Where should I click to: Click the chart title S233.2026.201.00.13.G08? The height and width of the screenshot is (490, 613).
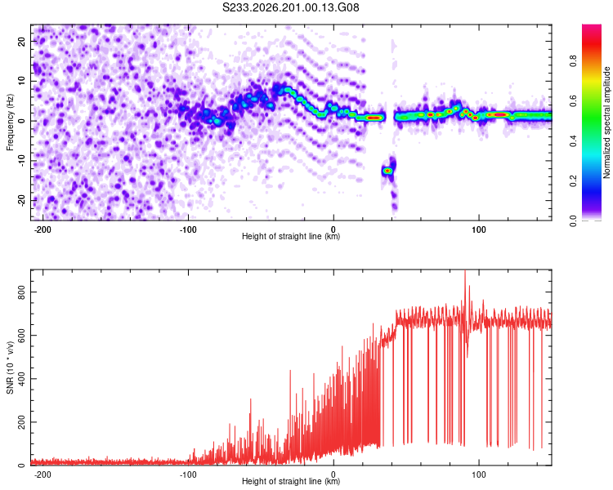(290, 7)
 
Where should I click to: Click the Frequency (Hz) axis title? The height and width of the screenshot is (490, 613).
(10, 122)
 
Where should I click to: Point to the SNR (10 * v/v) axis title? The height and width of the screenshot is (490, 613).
(10, 367)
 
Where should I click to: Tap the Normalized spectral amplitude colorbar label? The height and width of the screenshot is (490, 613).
(606, 122)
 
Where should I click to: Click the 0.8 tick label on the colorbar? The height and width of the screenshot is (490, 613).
(574, 61)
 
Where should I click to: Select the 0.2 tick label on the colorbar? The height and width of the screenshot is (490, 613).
(574, 181)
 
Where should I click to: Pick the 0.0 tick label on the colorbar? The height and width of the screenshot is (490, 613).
(574, 221)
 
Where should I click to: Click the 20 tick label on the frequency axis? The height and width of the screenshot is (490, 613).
(21, 42)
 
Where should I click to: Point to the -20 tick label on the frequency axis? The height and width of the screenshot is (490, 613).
(21, 200)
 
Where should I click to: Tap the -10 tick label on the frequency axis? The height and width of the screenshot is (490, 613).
(21, 161)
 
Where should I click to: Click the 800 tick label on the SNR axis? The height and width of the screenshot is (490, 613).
(21, 292)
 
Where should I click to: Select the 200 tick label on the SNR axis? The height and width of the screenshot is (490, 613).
(21, 422)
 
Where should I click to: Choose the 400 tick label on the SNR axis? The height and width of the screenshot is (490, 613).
(21, 379)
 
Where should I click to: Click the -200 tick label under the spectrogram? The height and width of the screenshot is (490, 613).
(43, 229)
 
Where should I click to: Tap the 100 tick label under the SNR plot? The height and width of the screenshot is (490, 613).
(479, 474)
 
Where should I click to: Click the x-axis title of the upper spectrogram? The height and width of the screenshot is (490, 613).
(291, 236)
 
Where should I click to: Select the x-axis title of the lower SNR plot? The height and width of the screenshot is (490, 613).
(291, 481)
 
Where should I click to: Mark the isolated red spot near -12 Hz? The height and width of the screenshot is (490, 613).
(387, 171)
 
